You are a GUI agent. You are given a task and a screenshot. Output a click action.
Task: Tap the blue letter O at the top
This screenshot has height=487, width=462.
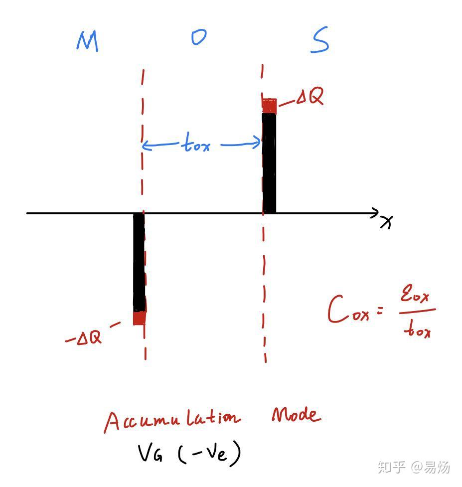pos(199,38)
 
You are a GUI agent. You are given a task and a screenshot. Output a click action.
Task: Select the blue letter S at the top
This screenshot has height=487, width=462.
pos(319,41)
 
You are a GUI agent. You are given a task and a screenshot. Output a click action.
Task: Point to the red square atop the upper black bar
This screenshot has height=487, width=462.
pos(269,106)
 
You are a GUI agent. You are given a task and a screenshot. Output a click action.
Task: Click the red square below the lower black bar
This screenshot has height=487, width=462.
pos(139,318)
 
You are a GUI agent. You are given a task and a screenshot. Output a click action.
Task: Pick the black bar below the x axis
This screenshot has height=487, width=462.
pos(139,262)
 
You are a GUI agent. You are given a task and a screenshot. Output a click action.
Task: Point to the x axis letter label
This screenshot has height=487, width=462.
pos(386,222)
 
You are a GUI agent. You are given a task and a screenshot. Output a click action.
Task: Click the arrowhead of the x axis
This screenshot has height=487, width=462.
pos(374,213)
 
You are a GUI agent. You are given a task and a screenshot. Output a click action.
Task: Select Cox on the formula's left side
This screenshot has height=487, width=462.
pos(349,311)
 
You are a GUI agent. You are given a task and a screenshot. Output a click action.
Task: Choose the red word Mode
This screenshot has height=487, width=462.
pos(296,415)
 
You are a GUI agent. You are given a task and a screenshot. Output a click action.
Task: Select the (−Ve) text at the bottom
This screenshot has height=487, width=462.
pos(209,454)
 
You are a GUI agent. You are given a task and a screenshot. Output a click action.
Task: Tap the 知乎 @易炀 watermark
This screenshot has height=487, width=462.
pos(414,467)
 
